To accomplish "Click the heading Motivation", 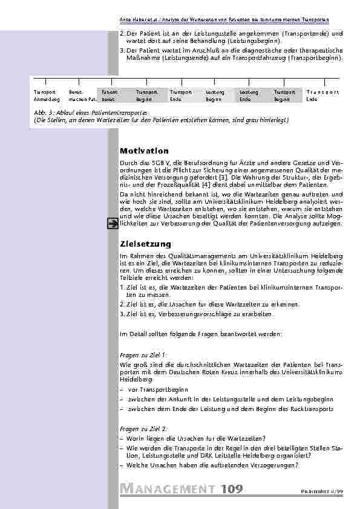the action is (x=144, y=151).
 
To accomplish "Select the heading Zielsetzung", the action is (x=145, y=244).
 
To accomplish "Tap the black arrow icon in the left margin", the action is (x=112, y=224).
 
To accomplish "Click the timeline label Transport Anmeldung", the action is (x=47, y=95).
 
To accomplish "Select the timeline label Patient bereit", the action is (x=110, y=95).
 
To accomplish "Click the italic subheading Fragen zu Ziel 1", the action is (x=143, y=356).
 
